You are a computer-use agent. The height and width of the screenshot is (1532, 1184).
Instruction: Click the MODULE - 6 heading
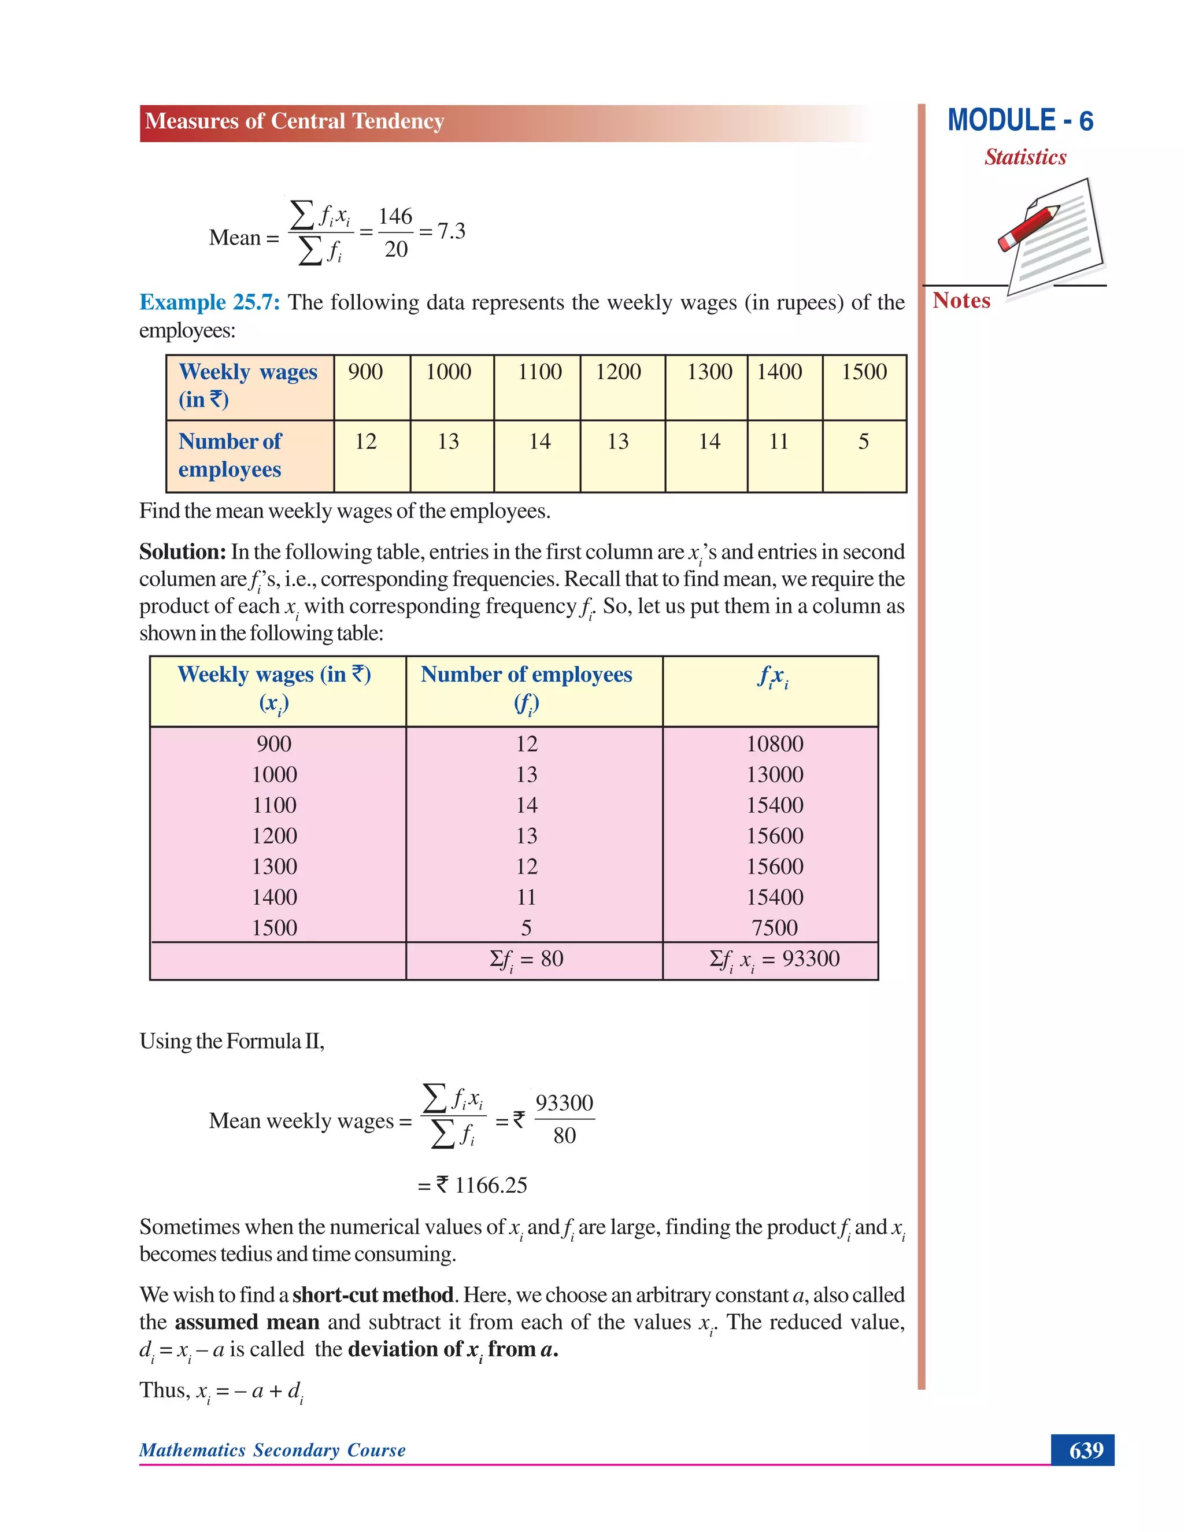point(1020,121)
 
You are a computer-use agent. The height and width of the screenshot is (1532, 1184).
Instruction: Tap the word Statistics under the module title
point(1025,157)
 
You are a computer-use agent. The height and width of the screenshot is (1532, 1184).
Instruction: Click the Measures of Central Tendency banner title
point(295,121)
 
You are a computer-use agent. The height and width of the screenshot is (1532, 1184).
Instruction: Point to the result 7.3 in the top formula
point(451,231)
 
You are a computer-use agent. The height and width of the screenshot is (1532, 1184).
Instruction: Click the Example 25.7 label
point(209,302)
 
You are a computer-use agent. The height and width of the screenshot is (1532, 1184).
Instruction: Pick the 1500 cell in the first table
point(864,372)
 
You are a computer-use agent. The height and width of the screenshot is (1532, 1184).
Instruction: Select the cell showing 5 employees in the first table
point(864,441)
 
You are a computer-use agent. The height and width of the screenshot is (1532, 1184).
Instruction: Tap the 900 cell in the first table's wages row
point(365,372)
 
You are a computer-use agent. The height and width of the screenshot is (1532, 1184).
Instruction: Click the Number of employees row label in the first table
point(230,454)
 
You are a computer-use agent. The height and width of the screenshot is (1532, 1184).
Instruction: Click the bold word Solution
point(182,552)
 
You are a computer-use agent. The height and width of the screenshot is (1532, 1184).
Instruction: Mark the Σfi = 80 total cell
point(526,959)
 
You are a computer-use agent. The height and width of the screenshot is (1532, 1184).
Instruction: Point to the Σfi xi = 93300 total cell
point(774,959)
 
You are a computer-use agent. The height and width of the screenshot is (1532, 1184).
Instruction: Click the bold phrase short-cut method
point(372,1294)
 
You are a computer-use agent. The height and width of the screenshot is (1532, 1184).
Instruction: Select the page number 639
point(1086,1450)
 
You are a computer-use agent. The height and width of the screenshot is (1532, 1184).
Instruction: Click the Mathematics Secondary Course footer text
point(272,1450)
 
